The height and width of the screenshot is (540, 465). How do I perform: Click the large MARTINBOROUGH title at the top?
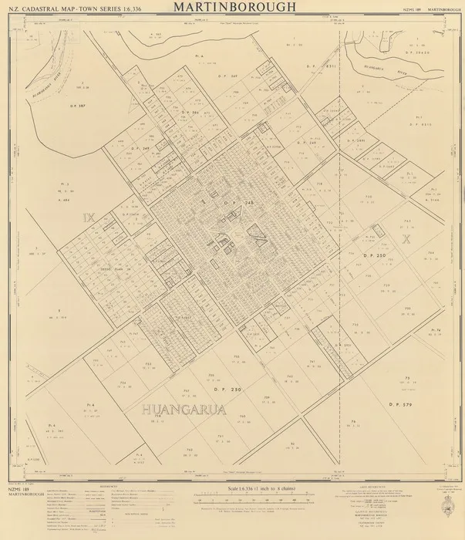point(233,7)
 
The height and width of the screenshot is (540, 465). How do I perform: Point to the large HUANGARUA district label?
point(184,410)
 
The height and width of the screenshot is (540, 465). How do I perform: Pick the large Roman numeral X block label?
point(405,239)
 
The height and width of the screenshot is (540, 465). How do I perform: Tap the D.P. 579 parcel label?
point(403,403)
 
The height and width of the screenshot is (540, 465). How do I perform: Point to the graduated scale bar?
point(244,501)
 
